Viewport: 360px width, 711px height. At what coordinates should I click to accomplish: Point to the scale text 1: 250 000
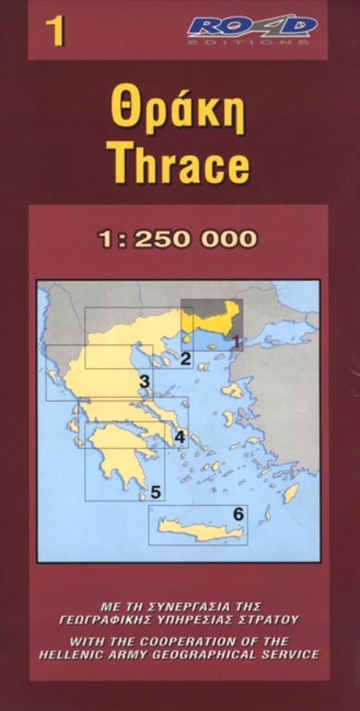(x=177, y=239)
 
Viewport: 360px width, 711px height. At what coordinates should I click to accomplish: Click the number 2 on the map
(x=185, y=358)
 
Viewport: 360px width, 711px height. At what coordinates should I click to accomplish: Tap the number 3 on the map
(x=145, y=381)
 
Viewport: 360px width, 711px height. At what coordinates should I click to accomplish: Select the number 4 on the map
(x=180, y=438)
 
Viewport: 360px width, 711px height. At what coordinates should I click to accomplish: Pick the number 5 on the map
(x=155, y=492)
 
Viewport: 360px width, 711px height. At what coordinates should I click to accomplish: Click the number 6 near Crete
(x=238, y=515)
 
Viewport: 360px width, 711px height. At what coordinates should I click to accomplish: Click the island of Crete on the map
(x=200, y=532)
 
